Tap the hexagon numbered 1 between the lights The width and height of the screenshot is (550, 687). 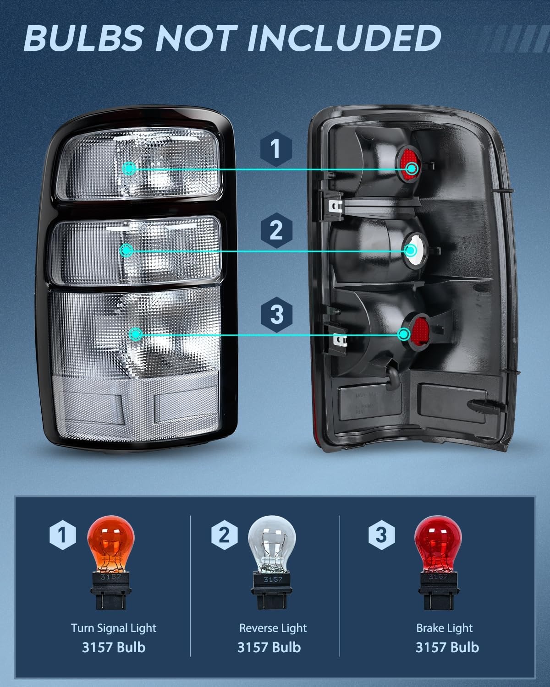tap(276, 149)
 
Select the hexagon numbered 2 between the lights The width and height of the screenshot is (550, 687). tap(276, 230)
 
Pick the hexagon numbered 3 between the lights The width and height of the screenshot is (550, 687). tap(276, 315)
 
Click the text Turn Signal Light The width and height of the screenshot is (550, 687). tap(114, 628)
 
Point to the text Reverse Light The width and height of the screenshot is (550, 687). tap(273, 628)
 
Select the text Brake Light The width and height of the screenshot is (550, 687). tap(444, 628)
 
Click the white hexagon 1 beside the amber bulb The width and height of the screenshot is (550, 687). tap(63, 535)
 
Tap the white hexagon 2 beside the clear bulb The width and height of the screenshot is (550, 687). tap(224, 535)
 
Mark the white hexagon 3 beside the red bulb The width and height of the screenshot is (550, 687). tap(382, 535)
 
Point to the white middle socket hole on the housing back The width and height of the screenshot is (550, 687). tap(415, 250)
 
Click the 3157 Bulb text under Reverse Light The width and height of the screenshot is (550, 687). tap(269, 648)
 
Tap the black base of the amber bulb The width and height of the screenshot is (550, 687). tap(110, 590)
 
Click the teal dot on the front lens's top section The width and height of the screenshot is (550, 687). tap(129, 168)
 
